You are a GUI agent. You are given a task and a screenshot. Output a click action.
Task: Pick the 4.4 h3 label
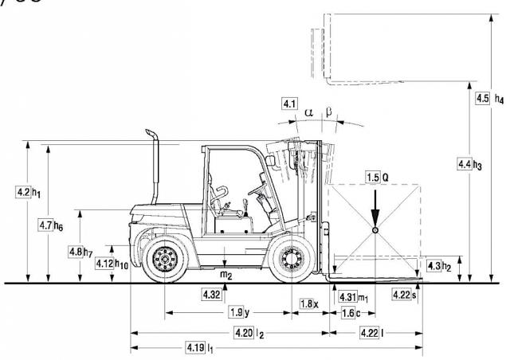pyautogui.click(x=469, y=164)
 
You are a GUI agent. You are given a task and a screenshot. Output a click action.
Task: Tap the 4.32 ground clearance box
pyautogui.click(x=211, y=295)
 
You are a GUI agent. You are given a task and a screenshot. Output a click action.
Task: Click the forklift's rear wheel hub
pyautogui.click(x=165, y=258)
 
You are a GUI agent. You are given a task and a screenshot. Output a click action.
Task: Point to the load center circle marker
pyautogui.click(x=375, y=231)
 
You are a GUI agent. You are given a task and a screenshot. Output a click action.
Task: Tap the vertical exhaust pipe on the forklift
pyautogui.click(x=154, y=159)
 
